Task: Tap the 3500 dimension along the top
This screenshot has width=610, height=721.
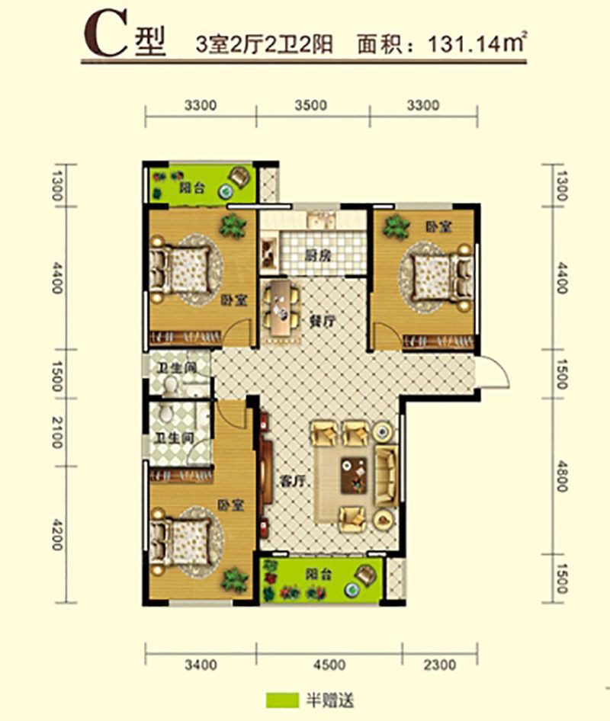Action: pyautogui.click(x=311, y=105)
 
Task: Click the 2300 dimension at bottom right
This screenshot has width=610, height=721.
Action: pyautogui.click(x=439, y=665)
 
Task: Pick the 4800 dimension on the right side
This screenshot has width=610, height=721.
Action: pyautogui.click(x=561, y=477)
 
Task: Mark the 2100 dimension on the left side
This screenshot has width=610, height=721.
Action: pyautogui.click(x=57, y=432)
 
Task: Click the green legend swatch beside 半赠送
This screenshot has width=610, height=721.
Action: pyautogui.click(x=281, y=700)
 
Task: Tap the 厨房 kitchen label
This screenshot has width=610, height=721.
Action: pyautogui.click(x=318, y=255)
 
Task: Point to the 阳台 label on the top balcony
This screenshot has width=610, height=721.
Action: pyautogui.click(x=191, y=187)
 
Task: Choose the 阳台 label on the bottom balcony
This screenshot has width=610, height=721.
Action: pyautogui.click(x=319, y=575)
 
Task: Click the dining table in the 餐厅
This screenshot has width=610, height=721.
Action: pyautogui.click(x=281, y=309)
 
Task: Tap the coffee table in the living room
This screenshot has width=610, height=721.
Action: pyautogui.click(x=354, y=476)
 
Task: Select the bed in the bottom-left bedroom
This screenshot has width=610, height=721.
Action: pyautogui.click(x=182, y=541)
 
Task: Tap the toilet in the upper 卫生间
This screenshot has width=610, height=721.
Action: pyautogui.click(x=171, y=384)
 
